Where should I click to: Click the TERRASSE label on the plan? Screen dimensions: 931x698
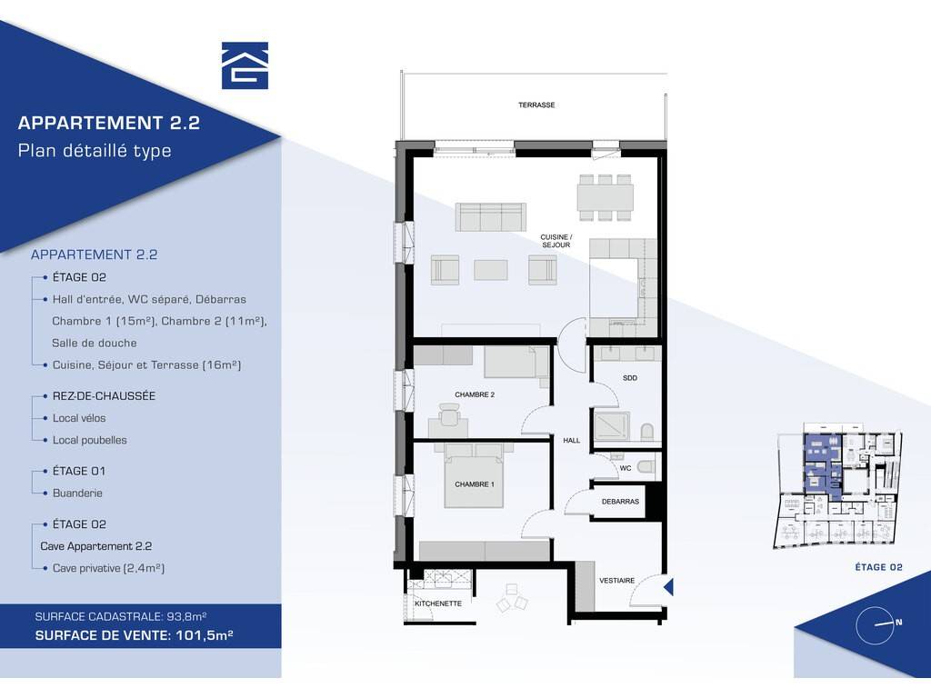pos(536,105)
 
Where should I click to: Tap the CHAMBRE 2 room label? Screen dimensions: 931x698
pos(475,394)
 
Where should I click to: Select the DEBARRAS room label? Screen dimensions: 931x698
pos(620,502)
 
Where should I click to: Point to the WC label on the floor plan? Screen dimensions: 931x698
pos(626,468)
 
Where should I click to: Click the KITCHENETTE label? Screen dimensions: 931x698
pos(438,603)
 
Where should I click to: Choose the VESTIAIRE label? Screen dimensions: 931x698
pos(617,581)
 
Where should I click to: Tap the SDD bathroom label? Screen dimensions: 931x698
pos(630,377)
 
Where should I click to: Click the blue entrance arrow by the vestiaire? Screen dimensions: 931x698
pos(668,587)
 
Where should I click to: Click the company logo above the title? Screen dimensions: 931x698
pos(245,65)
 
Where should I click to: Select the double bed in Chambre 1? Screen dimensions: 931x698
pos(475,474)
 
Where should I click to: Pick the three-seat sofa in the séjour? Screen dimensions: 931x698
pos(490,216)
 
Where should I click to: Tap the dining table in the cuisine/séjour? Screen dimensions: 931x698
pos(605,197)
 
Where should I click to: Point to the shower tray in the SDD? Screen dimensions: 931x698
pos(612,425)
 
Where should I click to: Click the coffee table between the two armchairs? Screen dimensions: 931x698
pos(490,269)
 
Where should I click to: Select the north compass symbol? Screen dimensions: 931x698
pos(876,625)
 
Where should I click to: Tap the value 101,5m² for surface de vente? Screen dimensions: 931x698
pos(205,635)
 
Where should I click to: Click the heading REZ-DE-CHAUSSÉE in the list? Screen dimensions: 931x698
pos(104,396)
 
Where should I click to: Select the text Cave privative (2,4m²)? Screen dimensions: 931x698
pos(109,568)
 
